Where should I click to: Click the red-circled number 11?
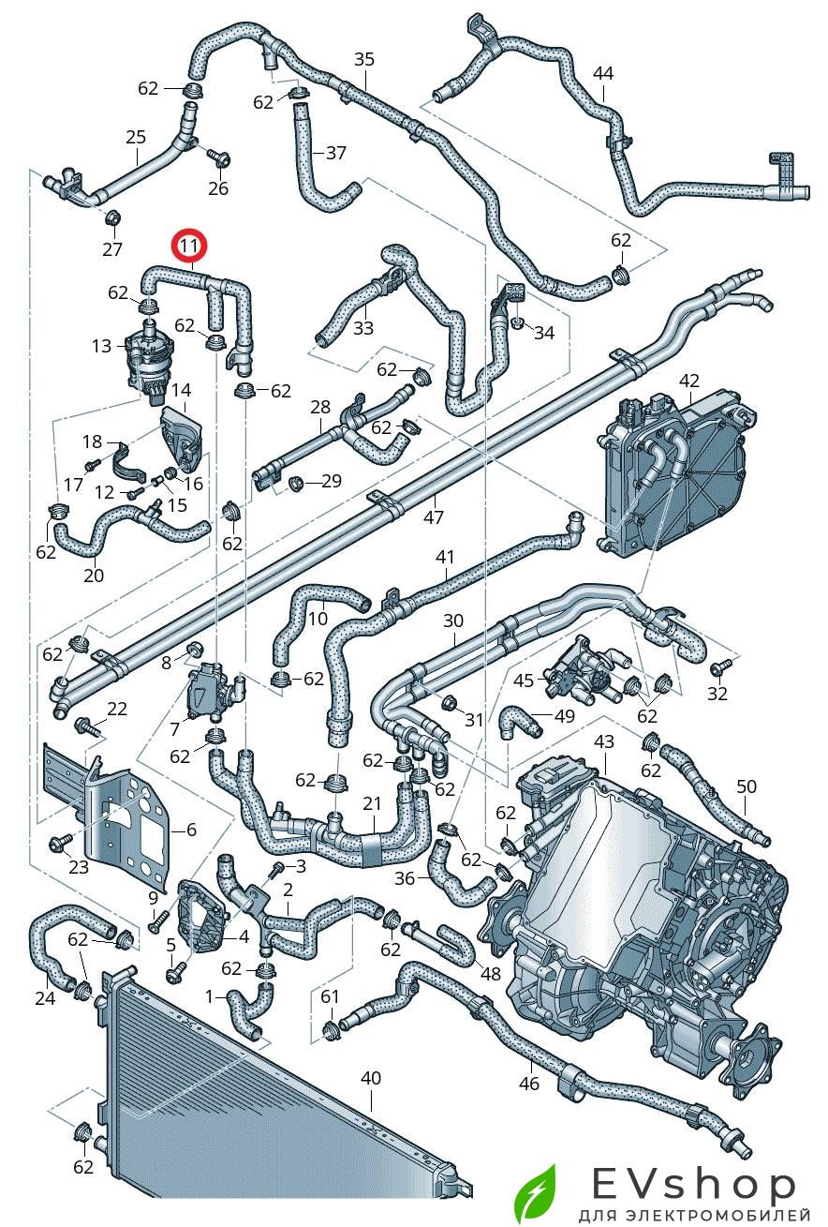click(190, 246)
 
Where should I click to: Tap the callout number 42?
click(689, 381)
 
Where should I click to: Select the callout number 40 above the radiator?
click(371, 1078)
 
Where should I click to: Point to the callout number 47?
click(433, 517)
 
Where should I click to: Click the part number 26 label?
click(217, 188)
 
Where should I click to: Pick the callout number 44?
click(603, 73)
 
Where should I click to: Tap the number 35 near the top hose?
click(363, 59)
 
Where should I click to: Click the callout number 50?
click(747, 786)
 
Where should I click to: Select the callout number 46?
click(530, 1085)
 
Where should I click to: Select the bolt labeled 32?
click(721, 667)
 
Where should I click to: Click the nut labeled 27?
click(111, 219)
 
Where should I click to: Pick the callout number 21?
click(372, 804)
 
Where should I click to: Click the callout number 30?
click(453, 621)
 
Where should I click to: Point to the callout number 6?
click(191, 830)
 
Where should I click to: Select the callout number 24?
click(45, 998)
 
